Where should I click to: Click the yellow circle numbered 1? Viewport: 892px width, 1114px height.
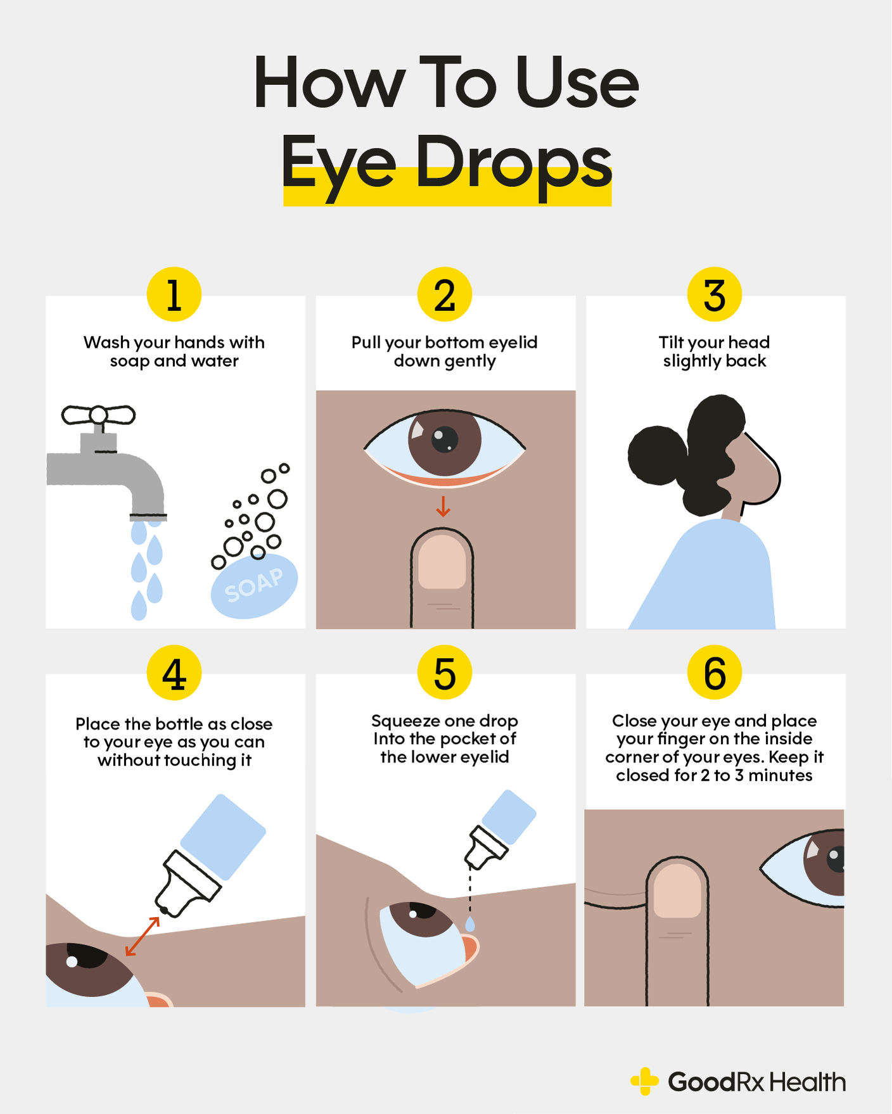click(174, 294)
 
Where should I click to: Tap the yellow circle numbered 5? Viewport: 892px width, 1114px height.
click(445, 673)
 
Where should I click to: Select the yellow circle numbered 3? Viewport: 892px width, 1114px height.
click(715, 294)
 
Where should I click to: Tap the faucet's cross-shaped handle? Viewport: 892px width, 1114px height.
click(98, 415)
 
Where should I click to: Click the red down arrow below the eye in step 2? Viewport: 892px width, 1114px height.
click(443, 507)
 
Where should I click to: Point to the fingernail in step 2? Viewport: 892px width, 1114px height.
click(442, 561)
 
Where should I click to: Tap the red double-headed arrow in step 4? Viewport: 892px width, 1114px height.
click(143, 936)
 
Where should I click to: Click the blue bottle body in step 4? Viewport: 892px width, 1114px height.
click(223, 836)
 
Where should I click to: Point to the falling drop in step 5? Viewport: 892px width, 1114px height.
click(470, 924)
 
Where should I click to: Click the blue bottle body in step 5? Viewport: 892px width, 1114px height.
click(509, 817)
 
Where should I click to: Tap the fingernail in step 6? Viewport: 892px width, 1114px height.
click(677, 890)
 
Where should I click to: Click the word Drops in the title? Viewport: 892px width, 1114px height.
click(513, 163)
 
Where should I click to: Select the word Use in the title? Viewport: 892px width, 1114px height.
click(577, 84)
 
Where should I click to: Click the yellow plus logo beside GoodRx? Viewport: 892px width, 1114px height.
click(645, 1082)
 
